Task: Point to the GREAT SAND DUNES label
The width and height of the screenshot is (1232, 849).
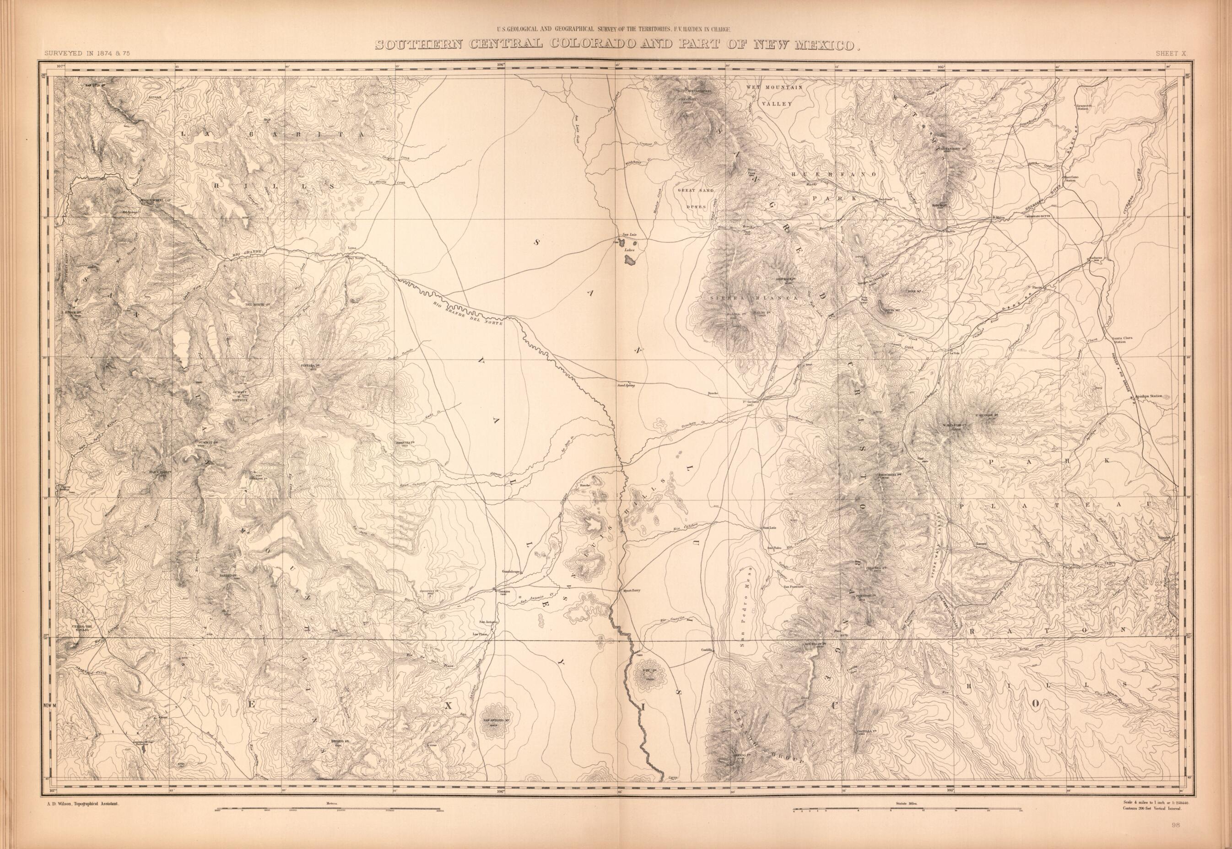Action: point(695,197)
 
